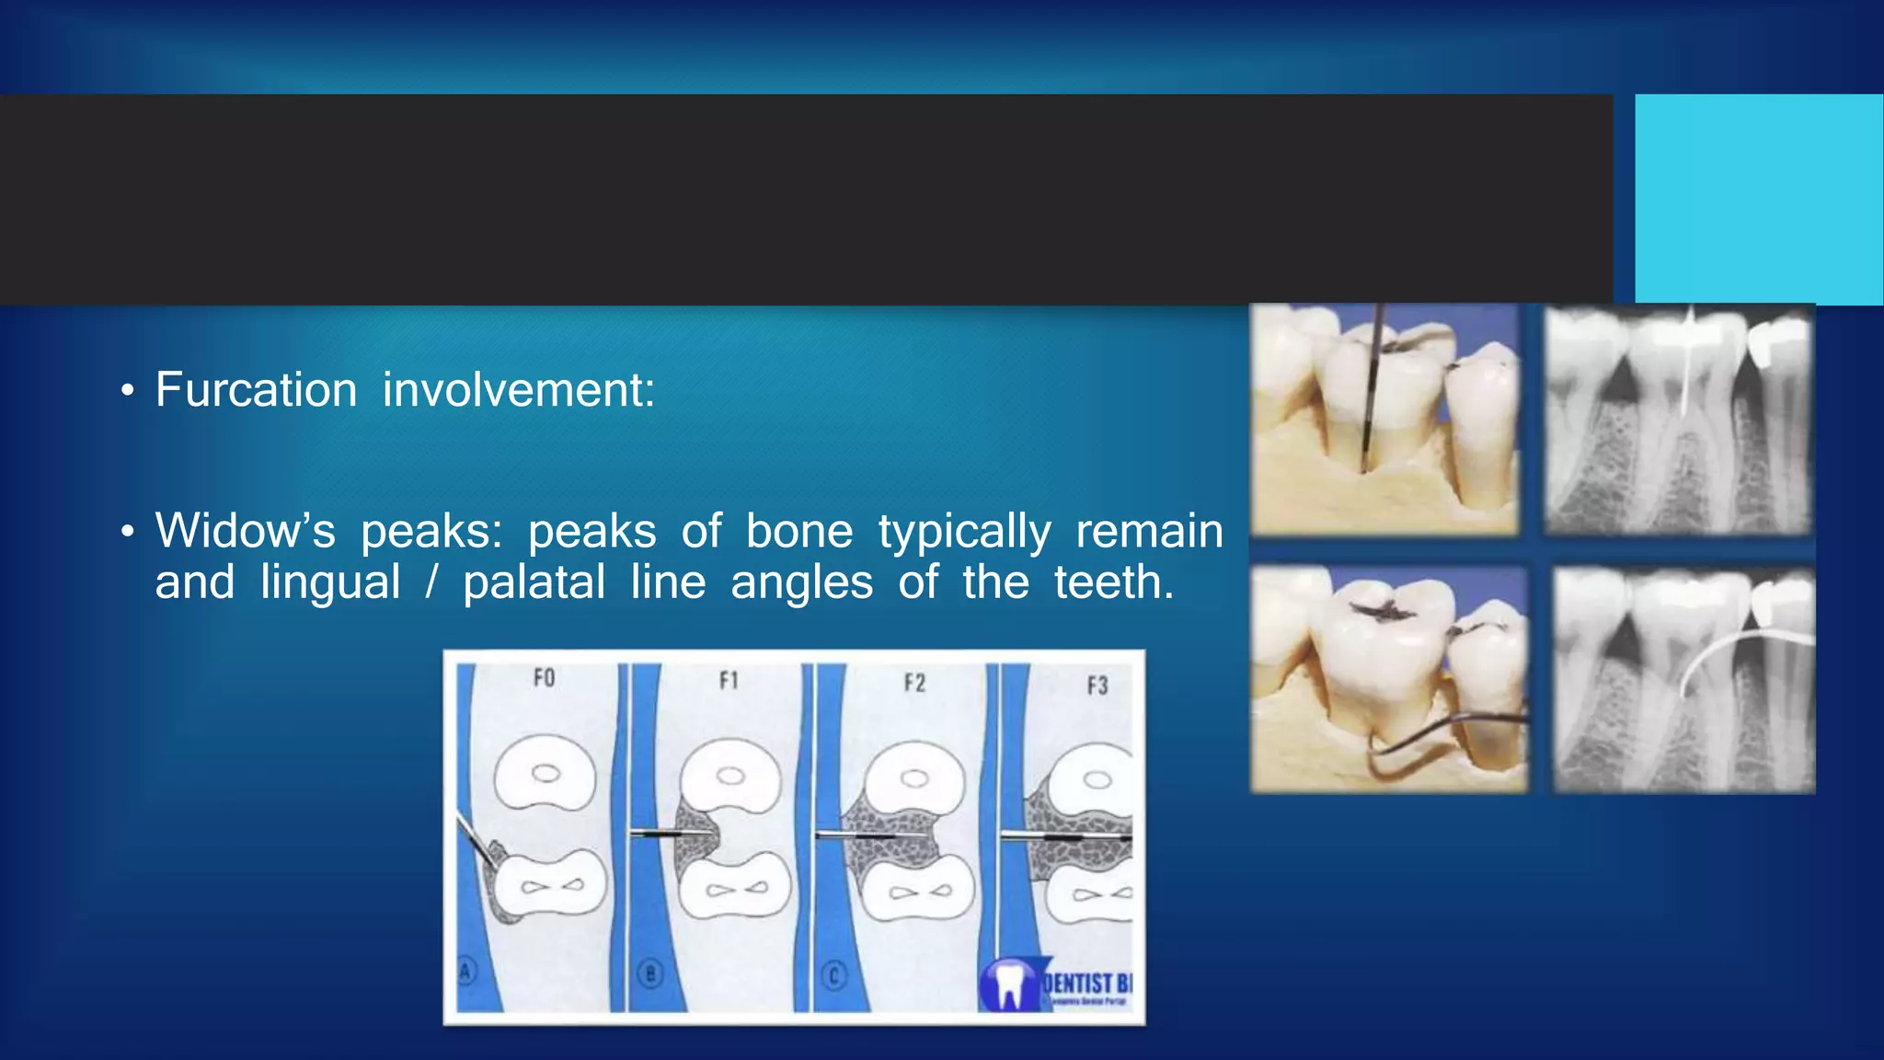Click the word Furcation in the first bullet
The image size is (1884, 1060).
[x=256, y=389]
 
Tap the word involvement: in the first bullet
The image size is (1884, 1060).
[x=519, y=389]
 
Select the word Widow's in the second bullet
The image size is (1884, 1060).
[x=245, y=531]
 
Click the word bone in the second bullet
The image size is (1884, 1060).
[x=798, y=531]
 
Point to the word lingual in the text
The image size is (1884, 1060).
[x=330, y=582]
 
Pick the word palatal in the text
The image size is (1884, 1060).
[x=534, y=582]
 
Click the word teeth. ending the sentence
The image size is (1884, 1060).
[x=1114, y=582]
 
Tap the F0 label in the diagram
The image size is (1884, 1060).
[x=544, y=678]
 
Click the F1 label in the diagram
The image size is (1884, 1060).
[x=729, y=681]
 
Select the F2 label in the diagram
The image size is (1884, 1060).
[x=913, y=683]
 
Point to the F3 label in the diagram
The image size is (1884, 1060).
[x=1097, y=686]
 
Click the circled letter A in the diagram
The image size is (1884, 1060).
[x=466, y=970]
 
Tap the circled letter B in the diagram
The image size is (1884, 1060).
[x=649, y=974]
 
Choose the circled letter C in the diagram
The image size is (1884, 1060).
[x=833, y=975]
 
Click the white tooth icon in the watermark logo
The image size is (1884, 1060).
[x=1009, y=987]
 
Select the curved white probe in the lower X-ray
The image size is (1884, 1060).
[x=1729, y=653]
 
